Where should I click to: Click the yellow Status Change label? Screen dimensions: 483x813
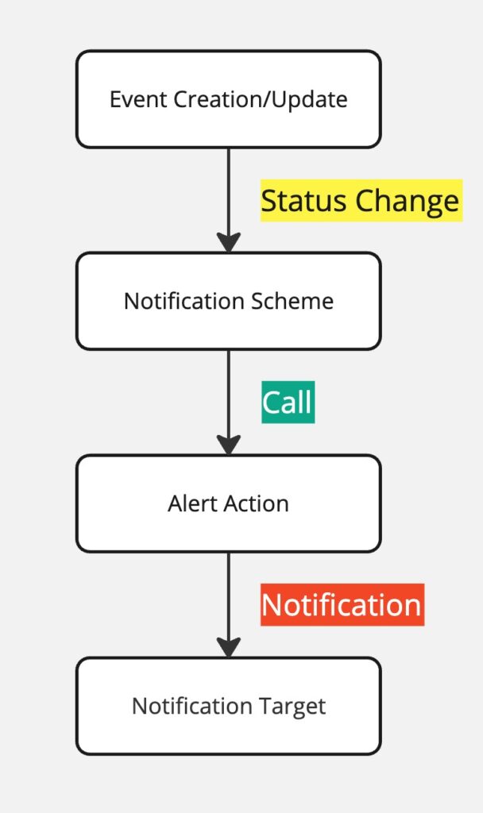360,201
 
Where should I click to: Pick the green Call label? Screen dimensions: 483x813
288,403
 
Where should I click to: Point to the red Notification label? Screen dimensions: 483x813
342,605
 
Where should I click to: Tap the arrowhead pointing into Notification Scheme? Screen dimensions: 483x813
229,243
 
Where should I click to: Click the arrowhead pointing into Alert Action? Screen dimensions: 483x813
229,445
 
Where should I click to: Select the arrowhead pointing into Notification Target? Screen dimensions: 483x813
229,648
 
